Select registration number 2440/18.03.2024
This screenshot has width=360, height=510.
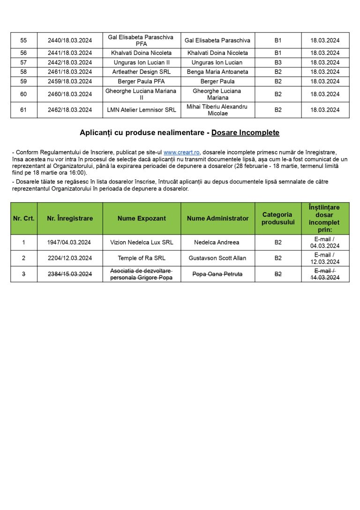coord(70,40)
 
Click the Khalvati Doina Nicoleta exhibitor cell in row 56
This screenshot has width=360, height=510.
coord(141,53)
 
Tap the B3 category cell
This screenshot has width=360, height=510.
coord(278,62)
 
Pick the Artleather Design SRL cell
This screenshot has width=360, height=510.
coord(141,72)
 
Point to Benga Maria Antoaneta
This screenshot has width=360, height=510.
coord(217,72)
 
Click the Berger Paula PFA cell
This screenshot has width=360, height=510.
coord(141,81)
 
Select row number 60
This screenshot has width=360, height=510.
coord(23,94)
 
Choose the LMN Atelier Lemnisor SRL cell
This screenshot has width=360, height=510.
coord(141,110)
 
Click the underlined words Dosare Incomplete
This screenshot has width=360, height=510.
coord(245,133)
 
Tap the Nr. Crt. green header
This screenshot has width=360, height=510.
coord(24,218)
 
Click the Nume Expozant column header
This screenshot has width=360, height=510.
coord(142,218)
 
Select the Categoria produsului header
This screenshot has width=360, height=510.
coord(278,218)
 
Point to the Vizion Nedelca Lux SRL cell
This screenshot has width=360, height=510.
coord(142,243)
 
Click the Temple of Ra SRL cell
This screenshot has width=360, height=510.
coord(142,258)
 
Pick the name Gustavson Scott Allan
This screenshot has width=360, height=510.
coord(217,258)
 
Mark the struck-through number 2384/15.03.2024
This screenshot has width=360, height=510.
coord(70,274)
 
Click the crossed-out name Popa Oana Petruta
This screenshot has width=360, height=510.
coord(217,274)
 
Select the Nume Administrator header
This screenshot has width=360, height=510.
coord(217,218)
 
